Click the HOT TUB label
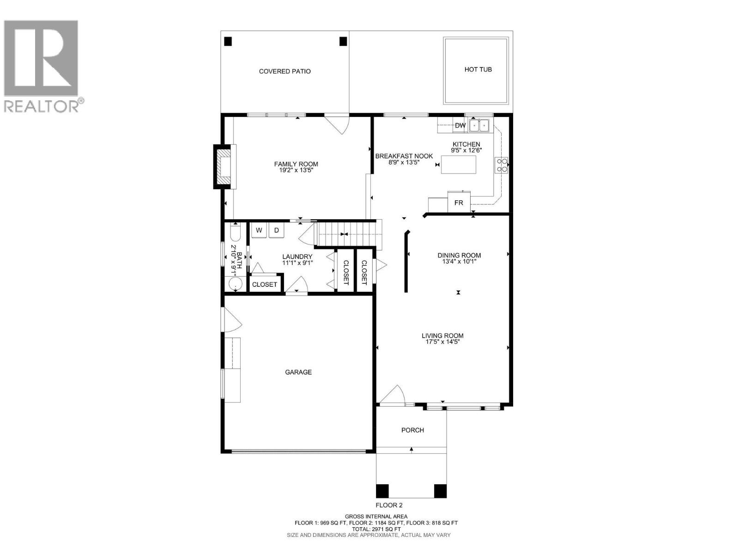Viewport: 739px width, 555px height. point(478,69)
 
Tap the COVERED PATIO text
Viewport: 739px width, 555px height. point(285,71)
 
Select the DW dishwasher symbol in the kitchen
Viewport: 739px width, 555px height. point(460,125)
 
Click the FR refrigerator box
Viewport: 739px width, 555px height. point(459,203)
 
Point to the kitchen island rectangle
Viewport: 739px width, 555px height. point(459,165)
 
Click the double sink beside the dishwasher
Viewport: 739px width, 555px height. point(479,125)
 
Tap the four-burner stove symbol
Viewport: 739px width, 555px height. point(502,165)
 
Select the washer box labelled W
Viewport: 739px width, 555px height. point(259,230)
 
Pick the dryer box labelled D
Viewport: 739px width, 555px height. point(277,230)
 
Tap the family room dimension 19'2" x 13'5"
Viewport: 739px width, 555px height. point(296,170)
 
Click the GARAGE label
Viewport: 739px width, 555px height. point(298,372)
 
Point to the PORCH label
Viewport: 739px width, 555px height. point(412,430)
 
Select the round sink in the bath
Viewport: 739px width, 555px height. point(236,284)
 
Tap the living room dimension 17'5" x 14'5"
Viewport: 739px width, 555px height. point(442,342)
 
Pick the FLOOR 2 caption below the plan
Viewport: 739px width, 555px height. point(389,505)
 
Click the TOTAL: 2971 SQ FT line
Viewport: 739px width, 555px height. point(376,529)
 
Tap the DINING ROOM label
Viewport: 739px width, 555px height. point(459,255)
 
